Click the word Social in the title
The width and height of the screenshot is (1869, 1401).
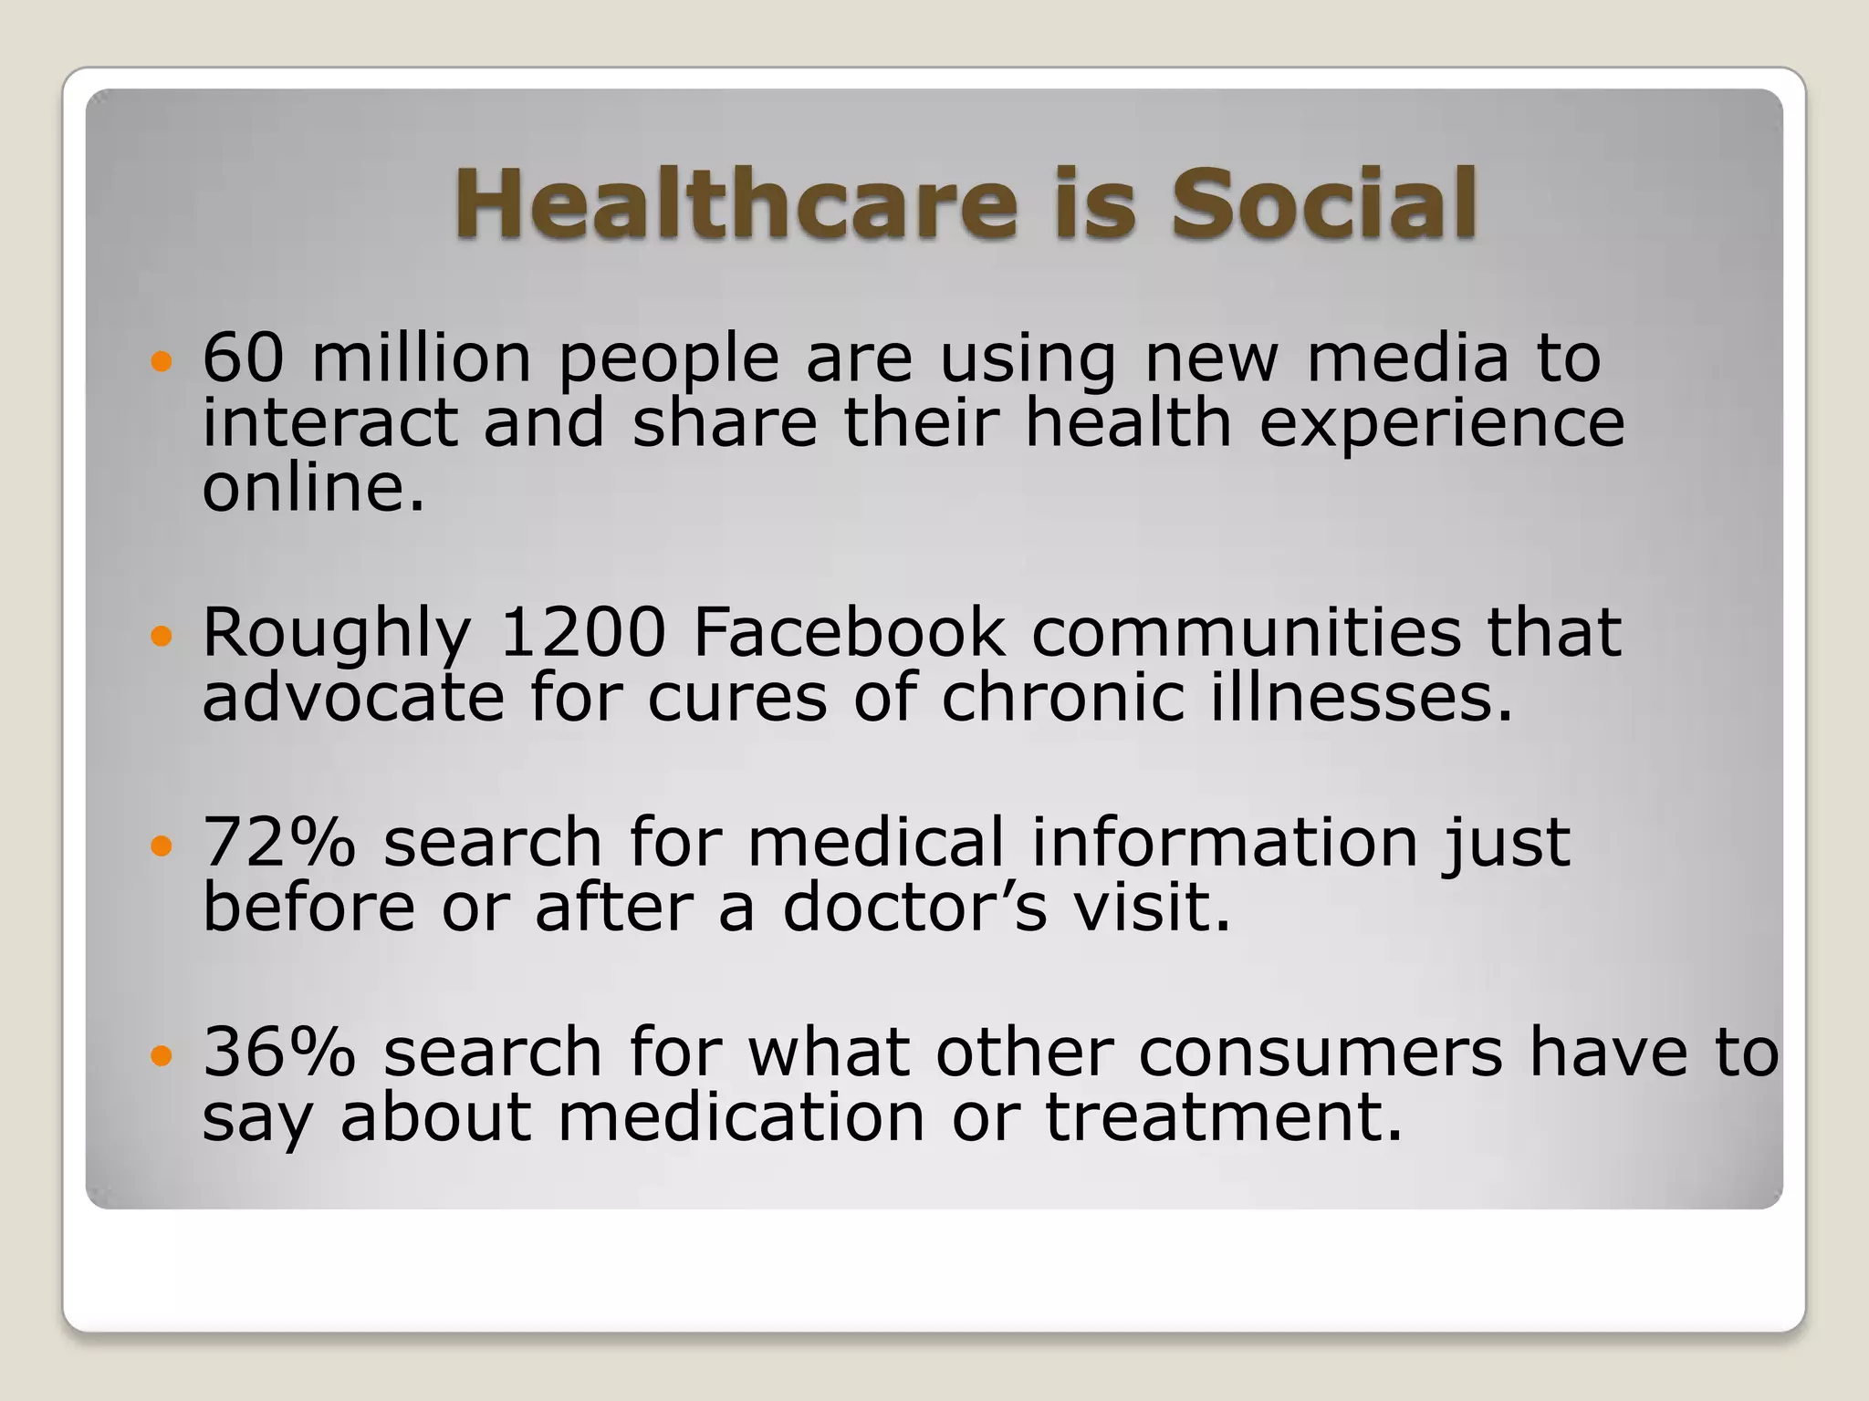click(1323, 203)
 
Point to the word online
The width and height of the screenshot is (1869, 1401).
click(313, 488)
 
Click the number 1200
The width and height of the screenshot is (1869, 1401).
click(583, 632)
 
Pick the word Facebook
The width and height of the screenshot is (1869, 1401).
click(849, 632)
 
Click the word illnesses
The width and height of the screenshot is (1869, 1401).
click(1362, 698)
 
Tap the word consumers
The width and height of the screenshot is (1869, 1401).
click(1320, 1052)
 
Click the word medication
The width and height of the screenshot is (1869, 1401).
click(741, 1117)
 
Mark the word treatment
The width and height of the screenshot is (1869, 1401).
click(1223, 1117)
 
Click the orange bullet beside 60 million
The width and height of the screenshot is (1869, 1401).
click(161, 362)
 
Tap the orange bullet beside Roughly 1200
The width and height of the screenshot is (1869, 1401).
click(161, 637)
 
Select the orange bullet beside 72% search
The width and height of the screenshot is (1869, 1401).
click(161, 847)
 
